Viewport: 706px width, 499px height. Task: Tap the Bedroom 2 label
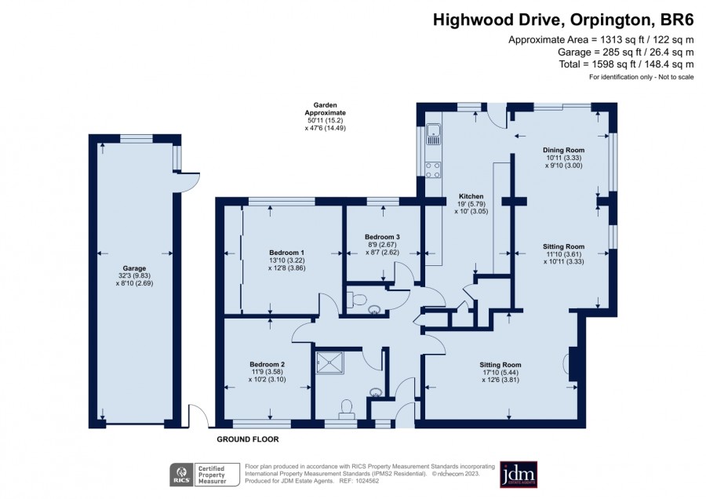click(267, 364)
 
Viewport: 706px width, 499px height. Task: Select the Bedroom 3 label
click(382, 237)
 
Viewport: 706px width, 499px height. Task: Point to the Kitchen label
click(471, 196)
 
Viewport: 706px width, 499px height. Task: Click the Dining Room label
click(564, 151)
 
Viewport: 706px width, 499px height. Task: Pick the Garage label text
click(134, 268)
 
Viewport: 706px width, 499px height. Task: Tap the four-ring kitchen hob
click(434, 169)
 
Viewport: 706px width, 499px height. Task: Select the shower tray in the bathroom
click(330, 362)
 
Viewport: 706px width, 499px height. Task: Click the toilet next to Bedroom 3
click(358, 300)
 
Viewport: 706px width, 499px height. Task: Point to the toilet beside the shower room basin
click(347, 409)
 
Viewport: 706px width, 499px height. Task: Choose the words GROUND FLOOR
click(248, 439)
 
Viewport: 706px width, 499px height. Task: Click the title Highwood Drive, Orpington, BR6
click(563, 20)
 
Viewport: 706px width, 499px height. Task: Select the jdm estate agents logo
click(519, 474)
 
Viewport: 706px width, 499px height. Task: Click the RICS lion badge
click(181, 475)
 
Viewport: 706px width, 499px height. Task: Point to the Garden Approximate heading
click(325, 109)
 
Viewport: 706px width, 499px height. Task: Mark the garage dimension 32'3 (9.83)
click(134, 276)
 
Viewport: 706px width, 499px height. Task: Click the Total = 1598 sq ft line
click(626, 64)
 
